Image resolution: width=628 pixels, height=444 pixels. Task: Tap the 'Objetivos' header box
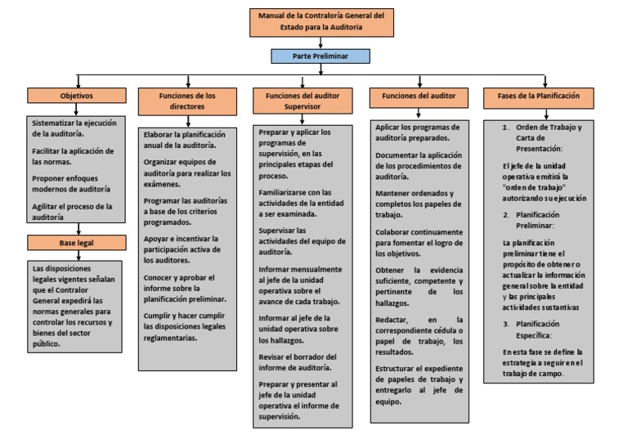point(77,96)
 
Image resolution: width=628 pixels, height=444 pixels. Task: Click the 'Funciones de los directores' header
point(187,101)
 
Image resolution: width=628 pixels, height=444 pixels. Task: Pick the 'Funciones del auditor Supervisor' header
point(303,101)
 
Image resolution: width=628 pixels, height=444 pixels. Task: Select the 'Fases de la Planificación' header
point(538,96)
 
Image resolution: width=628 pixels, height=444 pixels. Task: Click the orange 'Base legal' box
point(77,243)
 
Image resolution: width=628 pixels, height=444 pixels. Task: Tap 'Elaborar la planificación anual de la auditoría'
point(185,139)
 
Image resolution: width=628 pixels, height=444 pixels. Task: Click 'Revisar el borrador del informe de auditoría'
point(298,362)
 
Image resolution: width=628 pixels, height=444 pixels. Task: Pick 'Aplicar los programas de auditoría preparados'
point(416,132)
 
